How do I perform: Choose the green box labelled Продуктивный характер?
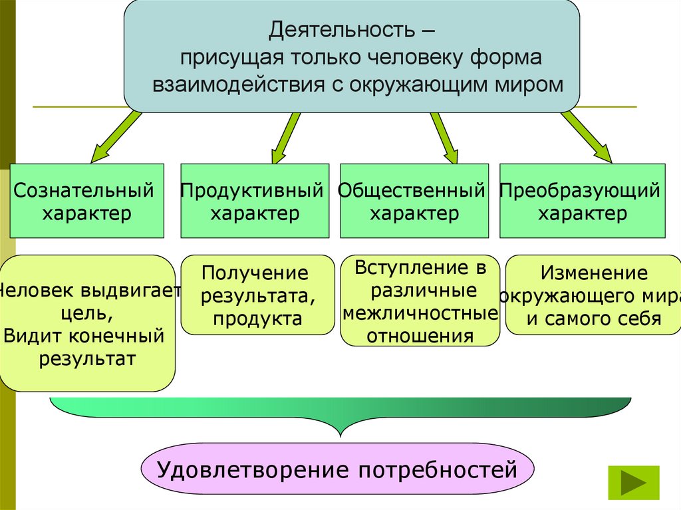point(254,201)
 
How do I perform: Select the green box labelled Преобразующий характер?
point(582,201)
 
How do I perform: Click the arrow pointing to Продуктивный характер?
point(285,136)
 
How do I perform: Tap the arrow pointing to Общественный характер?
point(444,136)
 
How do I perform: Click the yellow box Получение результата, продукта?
point(257,295)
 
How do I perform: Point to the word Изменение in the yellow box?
point(593,273)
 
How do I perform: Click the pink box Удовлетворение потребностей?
point(338,471)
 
